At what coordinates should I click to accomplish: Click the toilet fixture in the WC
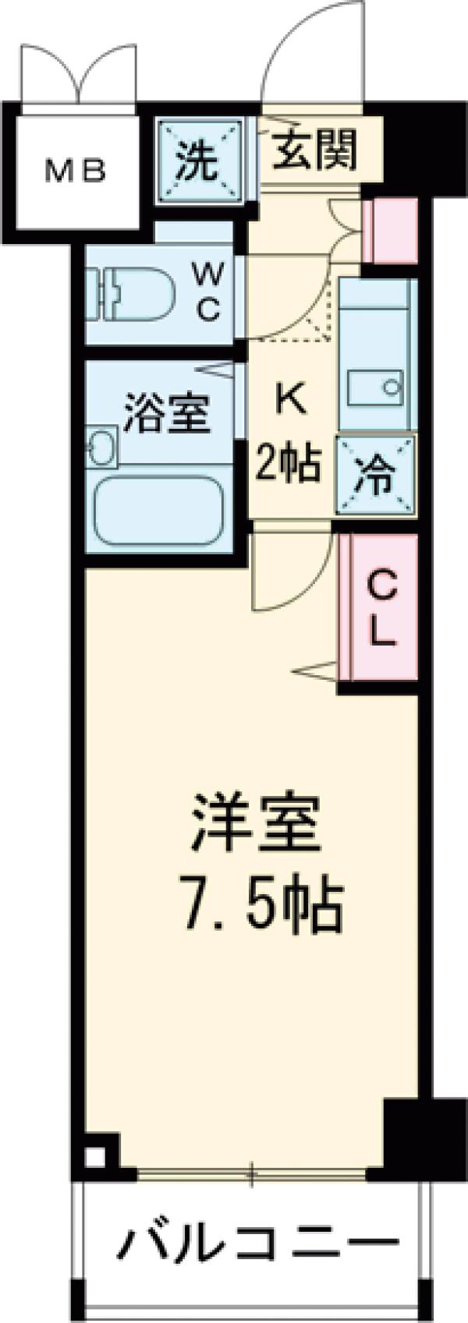(x=129, y=294)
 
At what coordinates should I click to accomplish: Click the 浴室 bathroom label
(x=167, y=414)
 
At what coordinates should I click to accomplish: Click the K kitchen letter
(x=289, y=399)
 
